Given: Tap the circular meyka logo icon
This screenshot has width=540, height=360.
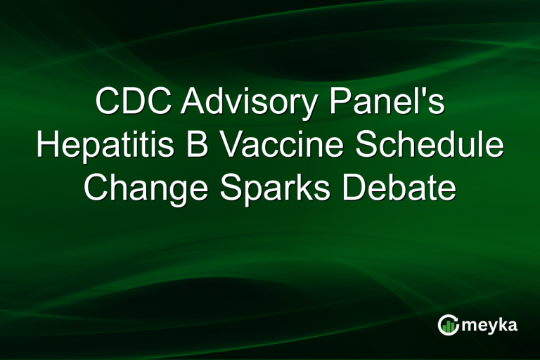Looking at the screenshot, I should click(x=448, y=325).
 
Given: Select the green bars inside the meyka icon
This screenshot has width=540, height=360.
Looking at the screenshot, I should click(x=448, y=326).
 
